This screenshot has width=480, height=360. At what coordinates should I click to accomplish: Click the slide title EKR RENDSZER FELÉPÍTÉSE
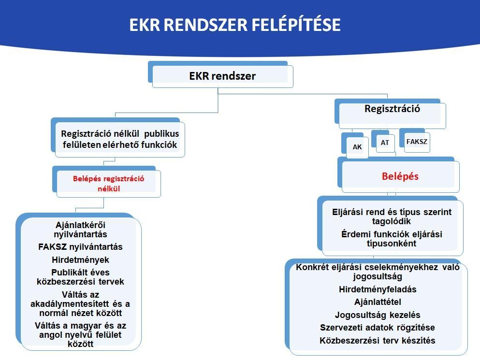(235, 25)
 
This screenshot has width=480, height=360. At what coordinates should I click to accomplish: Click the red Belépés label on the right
(400, 177)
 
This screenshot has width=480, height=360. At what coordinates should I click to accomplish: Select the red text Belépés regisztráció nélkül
(109, 184)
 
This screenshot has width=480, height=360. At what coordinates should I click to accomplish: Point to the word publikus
(161, 134)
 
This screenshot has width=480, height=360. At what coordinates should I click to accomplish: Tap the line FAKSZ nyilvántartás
(80, 247)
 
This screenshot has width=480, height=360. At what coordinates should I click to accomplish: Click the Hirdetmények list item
(81, 260)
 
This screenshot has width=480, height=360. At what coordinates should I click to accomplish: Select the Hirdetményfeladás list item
(378, 289)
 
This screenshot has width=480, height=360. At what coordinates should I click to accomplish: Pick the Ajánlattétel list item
(378, 302)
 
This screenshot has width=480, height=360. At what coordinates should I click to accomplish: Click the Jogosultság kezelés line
(378, 315)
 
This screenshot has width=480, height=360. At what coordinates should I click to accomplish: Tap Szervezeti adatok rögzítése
(378, 328)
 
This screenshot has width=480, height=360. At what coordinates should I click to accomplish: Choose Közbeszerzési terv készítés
(378, 341)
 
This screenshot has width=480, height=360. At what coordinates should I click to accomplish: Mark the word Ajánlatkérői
(81, 225)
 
